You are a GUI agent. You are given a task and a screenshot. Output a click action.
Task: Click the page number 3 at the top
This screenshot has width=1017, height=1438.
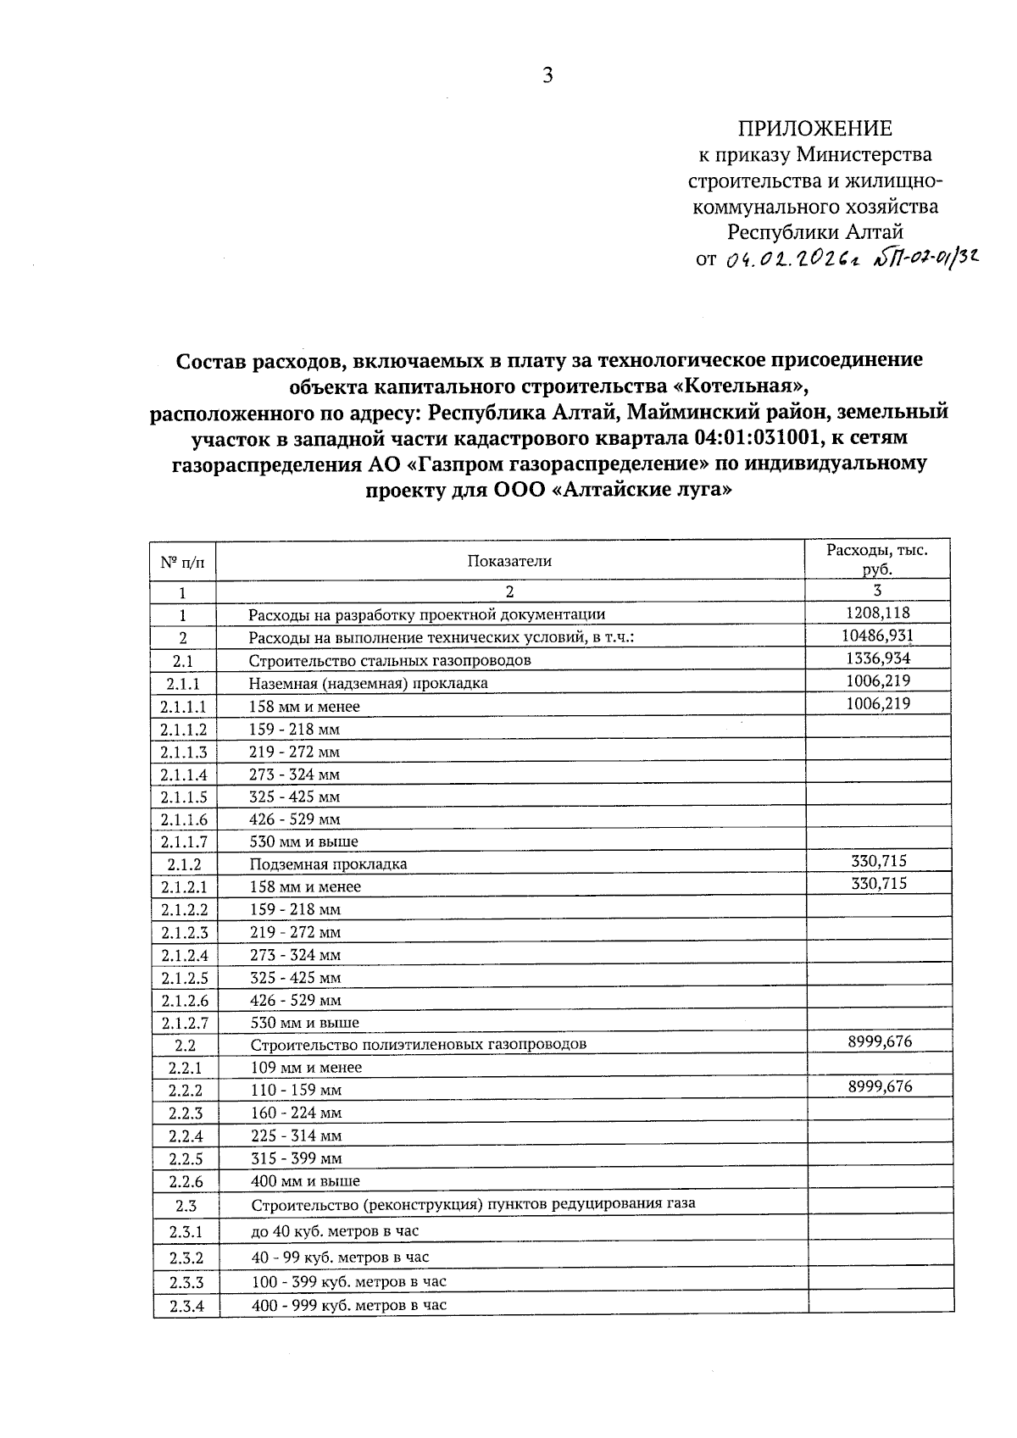click(x=547, y=75)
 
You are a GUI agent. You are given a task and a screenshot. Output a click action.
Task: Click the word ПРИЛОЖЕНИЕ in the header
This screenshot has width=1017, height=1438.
click(x=814, y=128)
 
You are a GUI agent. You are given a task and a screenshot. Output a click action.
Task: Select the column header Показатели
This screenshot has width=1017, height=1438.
click(x=508, y=560)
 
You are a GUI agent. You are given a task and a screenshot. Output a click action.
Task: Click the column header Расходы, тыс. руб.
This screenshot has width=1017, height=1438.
click(x=877, y=559)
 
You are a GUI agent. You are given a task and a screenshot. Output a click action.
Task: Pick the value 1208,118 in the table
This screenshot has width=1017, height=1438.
click(x=877, y=613)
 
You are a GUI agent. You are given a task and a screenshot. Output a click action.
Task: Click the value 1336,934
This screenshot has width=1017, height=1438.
click(x=877, y=658)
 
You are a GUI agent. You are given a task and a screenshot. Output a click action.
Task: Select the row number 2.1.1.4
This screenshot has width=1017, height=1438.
click(x=183, y=775)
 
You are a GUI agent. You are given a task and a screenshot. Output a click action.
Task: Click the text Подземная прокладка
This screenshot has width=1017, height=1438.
click(x=328, y=864)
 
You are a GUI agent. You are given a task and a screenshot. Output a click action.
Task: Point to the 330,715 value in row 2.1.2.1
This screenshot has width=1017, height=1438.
click(x=878, y=883)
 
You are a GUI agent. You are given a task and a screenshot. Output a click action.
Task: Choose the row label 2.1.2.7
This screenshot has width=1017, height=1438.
click(x=185, y=1023)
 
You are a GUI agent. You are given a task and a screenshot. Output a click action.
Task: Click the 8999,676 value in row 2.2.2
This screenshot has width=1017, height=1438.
click(x=879, y=1086)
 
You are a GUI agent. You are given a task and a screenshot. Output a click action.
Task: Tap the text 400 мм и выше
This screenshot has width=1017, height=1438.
click(x=305, y=1181)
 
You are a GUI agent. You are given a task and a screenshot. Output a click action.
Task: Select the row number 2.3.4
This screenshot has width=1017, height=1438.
click(x=186, y=1307)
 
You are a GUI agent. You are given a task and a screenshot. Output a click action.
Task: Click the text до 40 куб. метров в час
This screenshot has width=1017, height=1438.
click(x=335, y=1231)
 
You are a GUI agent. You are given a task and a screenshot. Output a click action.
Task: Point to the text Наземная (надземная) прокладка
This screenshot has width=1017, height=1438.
click(x=368, y=683)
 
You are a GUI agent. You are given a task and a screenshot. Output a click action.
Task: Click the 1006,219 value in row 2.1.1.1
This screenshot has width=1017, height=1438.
click(x=877, y=703)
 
